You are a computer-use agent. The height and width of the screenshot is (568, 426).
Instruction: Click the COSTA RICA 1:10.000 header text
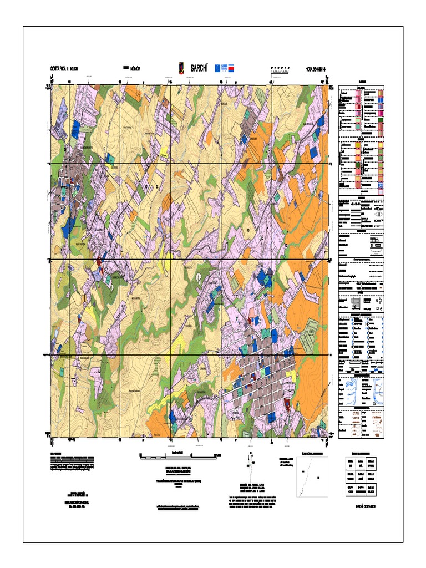click(67, 68)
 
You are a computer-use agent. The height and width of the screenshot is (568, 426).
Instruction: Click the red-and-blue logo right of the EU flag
click(235, 67)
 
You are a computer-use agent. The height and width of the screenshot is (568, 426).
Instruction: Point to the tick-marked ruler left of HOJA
click(280, 69)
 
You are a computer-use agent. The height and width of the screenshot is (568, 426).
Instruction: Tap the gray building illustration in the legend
click(367, 303)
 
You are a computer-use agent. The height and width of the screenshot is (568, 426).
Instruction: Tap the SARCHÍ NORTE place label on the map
click(82, 148)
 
